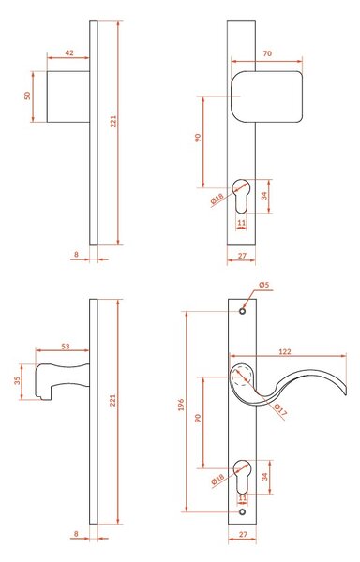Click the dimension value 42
69,52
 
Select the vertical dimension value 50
27,96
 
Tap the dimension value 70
267,53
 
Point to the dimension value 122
285,351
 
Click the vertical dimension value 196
181,405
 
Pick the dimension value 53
66,347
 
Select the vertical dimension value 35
17,381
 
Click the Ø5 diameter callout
263,286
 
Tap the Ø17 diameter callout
280,409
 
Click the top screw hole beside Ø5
243,311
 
